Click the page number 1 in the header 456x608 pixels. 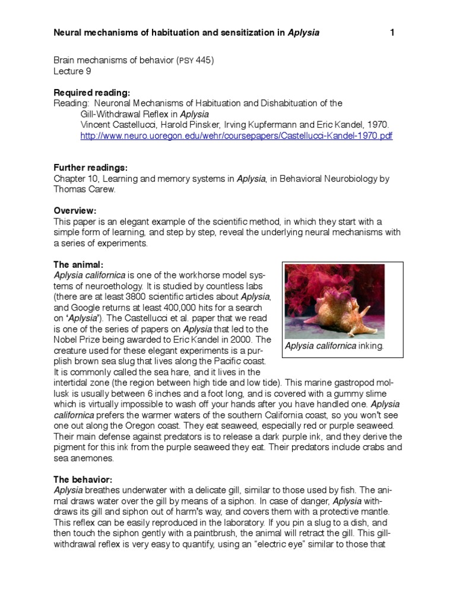(x=392, y=33)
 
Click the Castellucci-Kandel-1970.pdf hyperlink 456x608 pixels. (x=236, y=136)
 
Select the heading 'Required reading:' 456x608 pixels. (x=91, y=93)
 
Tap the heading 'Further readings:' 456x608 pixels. (x=91, y=168)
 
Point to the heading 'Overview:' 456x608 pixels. (x=75, y=211)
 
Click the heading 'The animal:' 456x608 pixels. (x=78, y=264)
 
